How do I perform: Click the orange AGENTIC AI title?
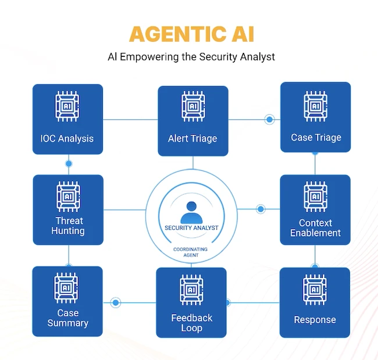[x=191, y=33]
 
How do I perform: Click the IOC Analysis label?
[x=67, y=138]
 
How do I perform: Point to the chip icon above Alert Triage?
[x=192, y=107]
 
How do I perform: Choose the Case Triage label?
[x=316, y=137]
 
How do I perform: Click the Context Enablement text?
[x=315, y=227]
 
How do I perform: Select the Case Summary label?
[x=67, y=318]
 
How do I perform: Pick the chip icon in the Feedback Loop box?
[x=191, y=290]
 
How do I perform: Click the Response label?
[x=315, y=319]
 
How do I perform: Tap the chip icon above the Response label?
[x=315, y=290]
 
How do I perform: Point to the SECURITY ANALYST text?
[x=191, y=228]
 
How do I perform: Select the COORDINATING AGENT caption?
[x=191, y=252]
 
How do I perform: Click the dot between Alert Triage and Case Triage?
[x=269, y=120]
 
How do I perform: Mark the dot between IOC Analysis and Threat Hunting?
[x=69, y=163]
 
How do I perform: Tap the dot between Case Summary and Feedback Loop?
[x=116, y=302]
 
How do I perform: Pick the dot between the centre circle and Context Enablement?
[x=261, y=209]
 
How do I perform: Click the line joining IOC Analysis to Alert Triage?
[x=130, y=120]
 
